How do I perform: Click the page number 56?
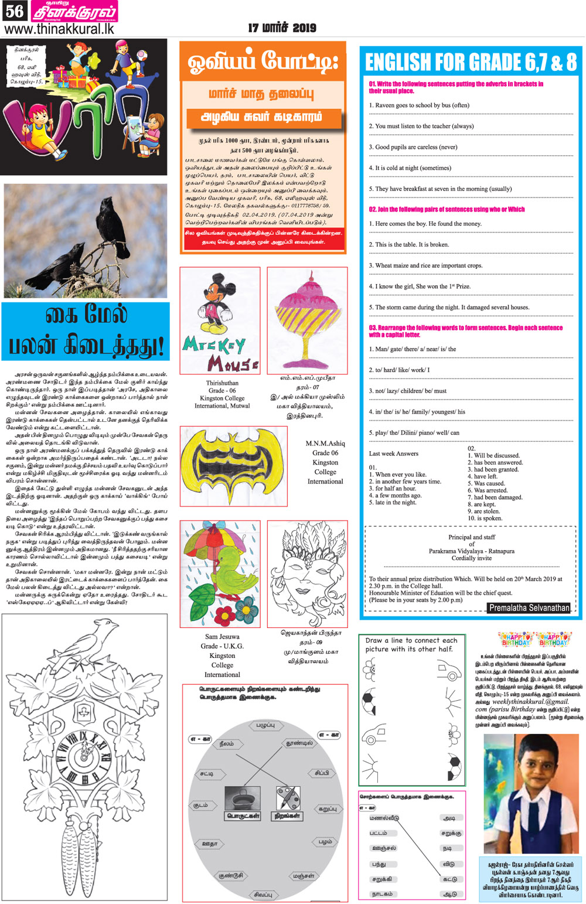coord(14,11)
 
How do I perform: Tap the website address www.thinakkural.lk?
coord(59,29)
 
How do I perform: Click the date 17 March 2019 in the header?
coord(282,28)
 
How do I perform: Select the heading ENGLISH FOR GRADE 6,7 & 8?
coord(471,62)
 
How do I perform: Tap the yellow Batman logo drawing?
coord(233,465)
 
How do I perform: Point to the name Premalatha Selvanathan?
coord(529,608)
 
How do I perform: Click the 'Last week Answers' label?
coord(393,453)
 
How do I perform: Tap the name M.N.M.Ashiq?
coord(325,444)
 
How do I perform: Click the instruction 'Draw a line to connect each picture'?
coord(411,644)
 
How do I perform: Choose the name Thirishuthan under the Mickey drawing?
coord(222,383)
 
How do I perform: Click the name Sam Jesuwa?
coord(222,636)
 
